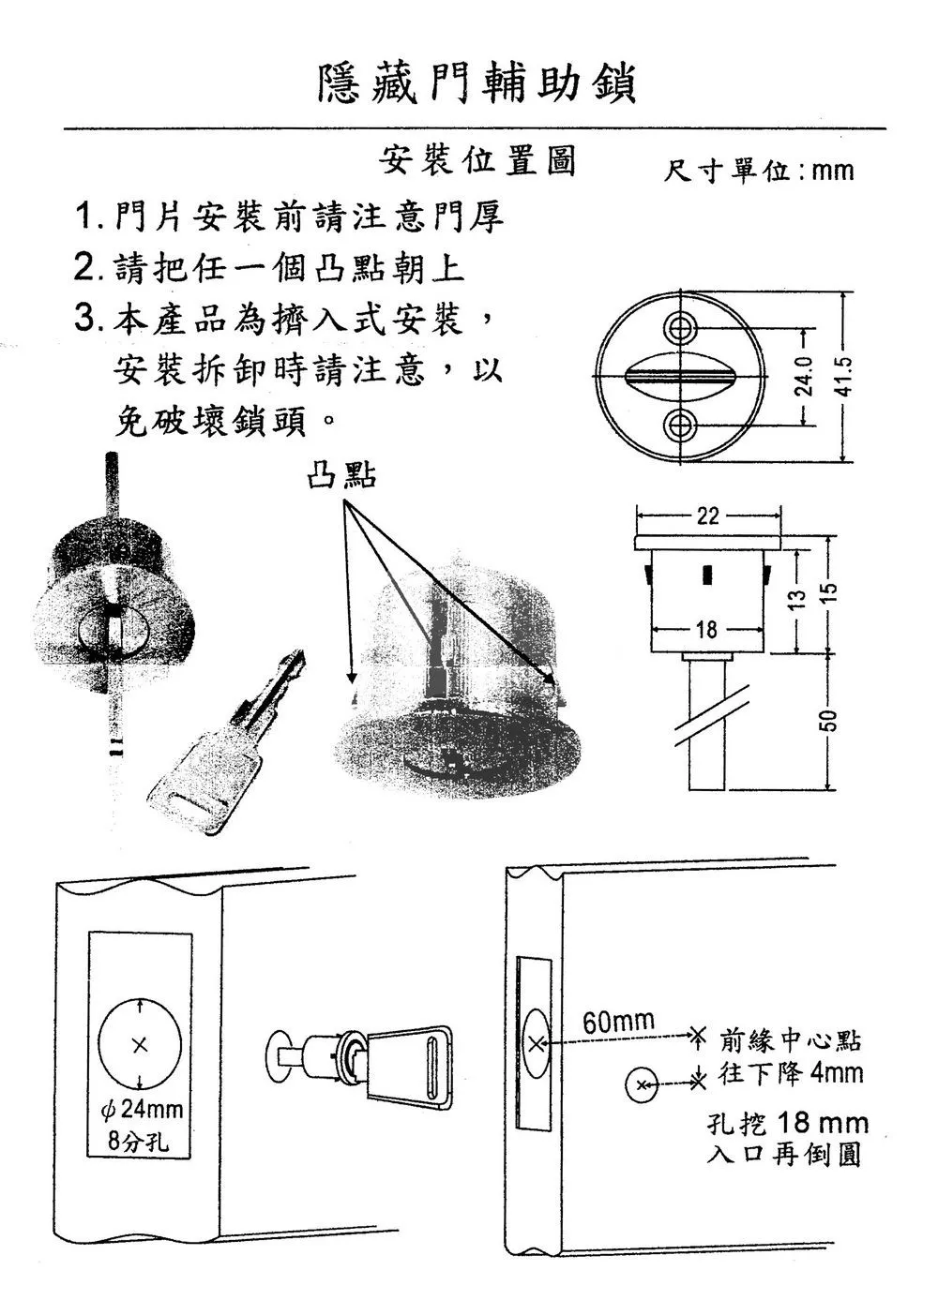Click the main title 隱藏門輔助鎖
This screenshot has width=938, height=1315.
[477, 85]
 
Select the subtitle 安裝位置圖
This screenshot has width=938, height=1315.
[477, 159]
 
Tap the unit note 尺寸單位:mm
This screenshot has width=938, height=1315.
[758, 171]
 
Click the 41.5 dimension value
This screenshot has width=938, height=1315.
[844, 377]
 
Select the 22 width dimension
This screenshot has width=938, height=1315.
[707, 516]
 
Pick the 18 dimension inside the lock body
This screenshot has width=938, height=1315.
[706, 630]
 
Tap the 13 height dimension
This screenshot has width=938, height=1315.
[797, 599]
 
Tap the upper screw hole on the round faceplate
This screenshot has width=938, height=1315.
[681, 327]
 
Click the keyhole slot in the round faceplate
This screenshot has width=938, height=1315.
[680, 375]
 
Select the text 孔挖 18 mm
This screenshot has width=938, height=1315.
[788, 1123]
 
